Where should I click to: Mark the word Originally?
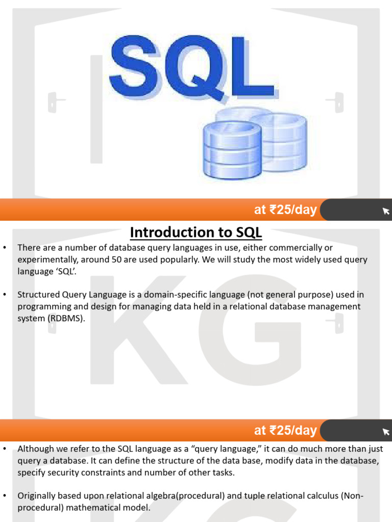click(37, 496)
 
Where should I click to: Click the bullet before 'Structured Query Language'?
click(5, 295)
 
